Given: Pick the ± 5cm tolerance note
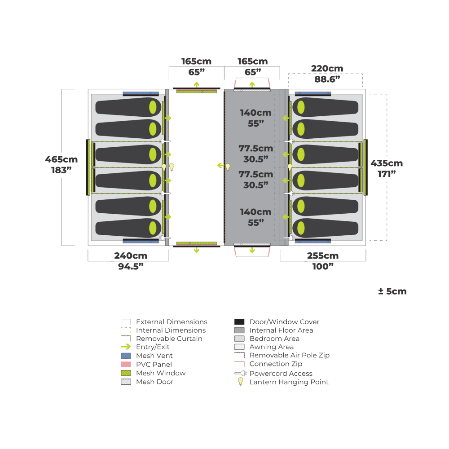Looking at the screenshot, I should [392, 291].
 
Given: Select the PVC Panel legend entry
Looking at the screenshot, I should [154, 364].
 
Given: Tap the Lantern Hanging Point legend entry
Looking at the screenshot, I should [289, 382].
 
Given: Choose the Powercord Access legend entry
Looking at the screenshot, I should [281, 373].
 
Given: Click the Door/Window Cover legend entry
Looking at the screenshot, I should [284, 321].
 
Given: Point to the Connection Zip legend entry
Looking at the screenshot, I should [276, 364].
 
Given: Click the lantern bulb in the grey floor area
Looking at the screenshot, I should [228, 167].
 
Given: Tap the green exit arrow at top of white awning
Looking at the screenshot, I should [196, 84].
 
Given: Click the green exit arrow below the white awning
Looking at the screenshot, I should [196, 251].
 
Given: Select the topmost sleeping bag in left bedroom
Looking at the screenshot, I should [128, 107].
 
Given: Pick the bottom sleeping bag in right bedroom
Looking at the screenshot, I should [326, 228].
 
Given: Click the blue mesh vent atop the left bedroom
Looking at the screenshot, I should [141, 93].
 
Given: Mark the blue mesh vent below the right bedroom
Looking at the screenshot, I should [313, 241].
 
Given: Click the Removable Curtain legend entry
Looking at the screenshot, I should [169, 339].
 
